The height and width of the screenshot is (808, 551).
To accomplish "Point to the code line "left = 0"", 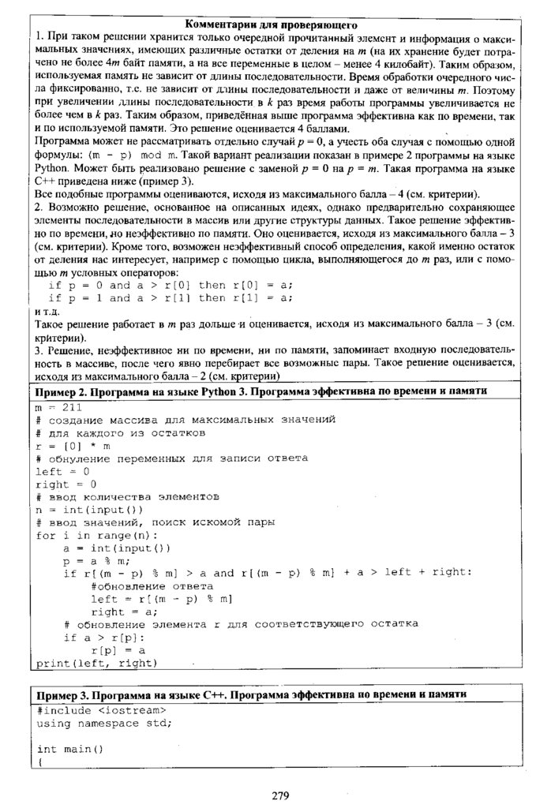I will point(62,471).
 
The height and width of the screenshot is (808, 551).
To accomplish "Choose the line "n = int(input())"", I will point(89,509).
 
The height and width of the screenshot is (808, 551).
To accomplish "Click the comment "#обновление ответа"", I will point(152,586).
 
